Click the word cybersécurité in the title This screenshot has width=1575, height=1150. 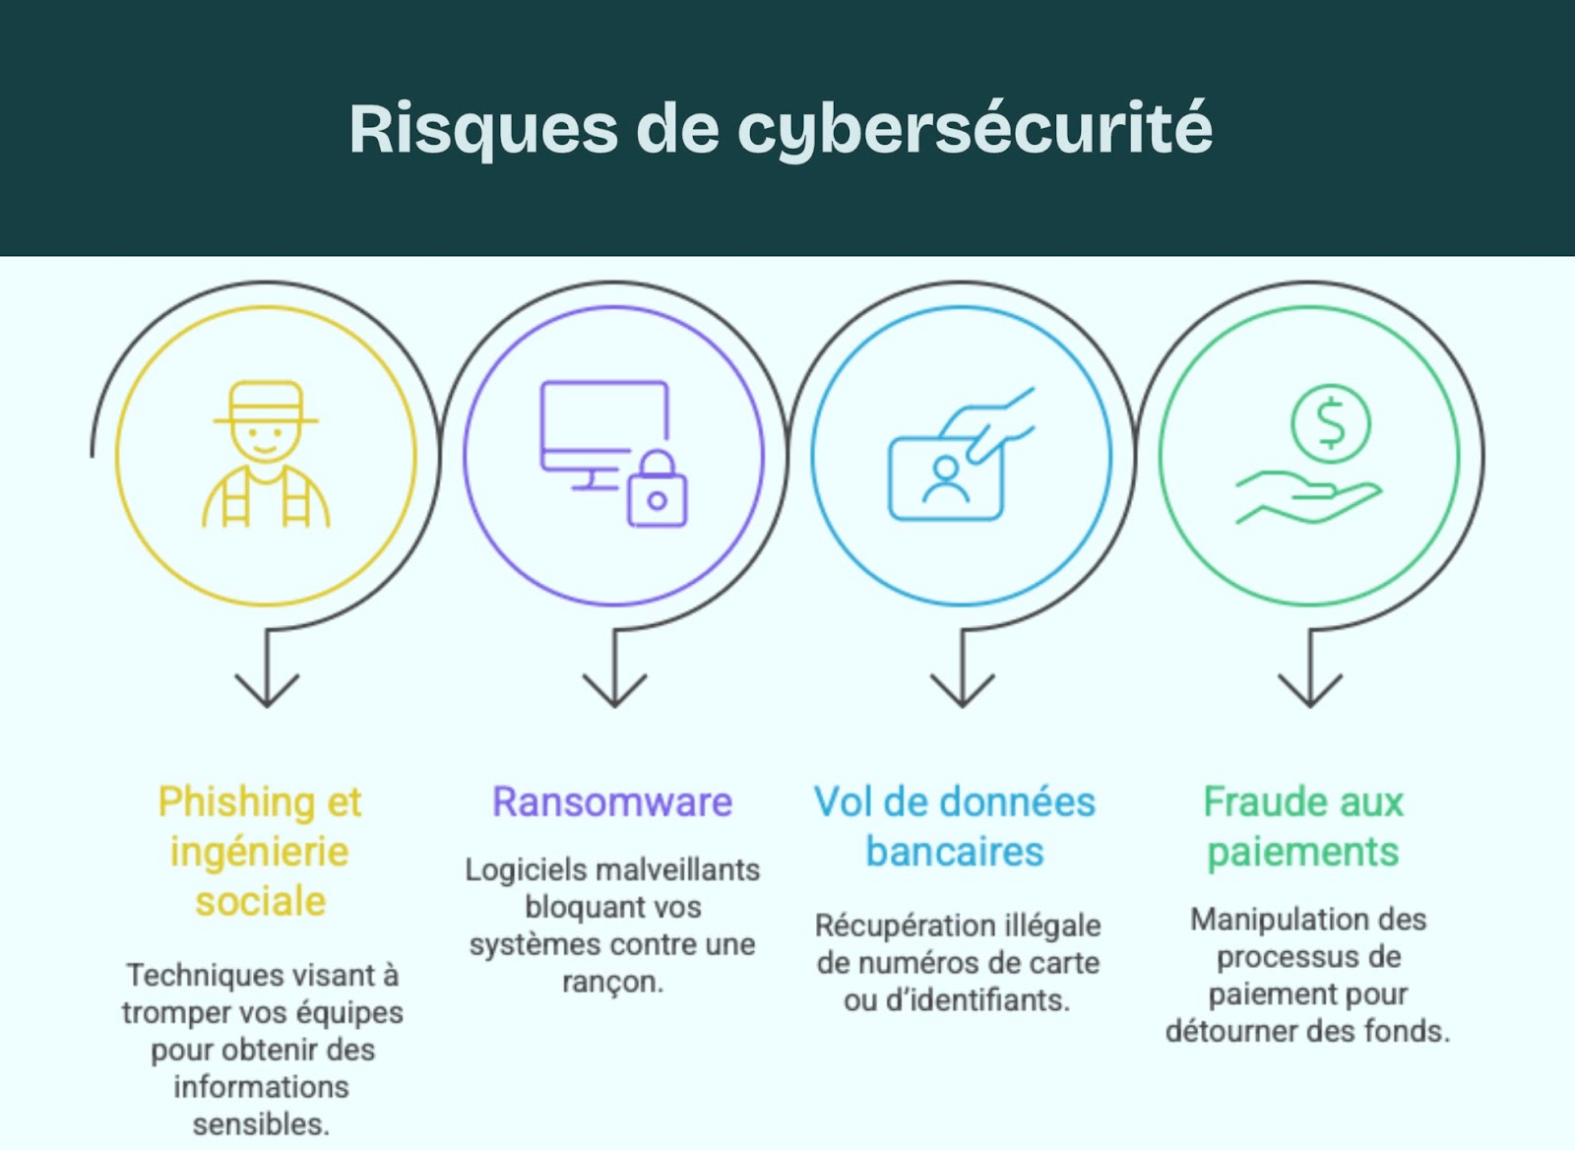[975, 130]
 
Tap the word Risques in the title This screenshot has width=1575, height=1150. [483, 130]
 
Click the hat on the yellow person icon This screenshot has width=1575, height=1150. [266, 404]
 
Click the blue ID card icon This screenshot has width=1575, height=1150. [945, 478]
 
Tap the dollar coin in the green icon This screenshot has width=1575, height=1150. [1330, 423]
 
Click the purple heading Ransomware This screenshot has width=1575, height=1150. [612, 802]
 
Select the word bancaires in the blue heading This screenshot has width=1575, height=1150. [954, 852]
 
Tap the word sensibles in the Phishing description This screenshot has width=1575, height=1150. [259, 1123]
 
